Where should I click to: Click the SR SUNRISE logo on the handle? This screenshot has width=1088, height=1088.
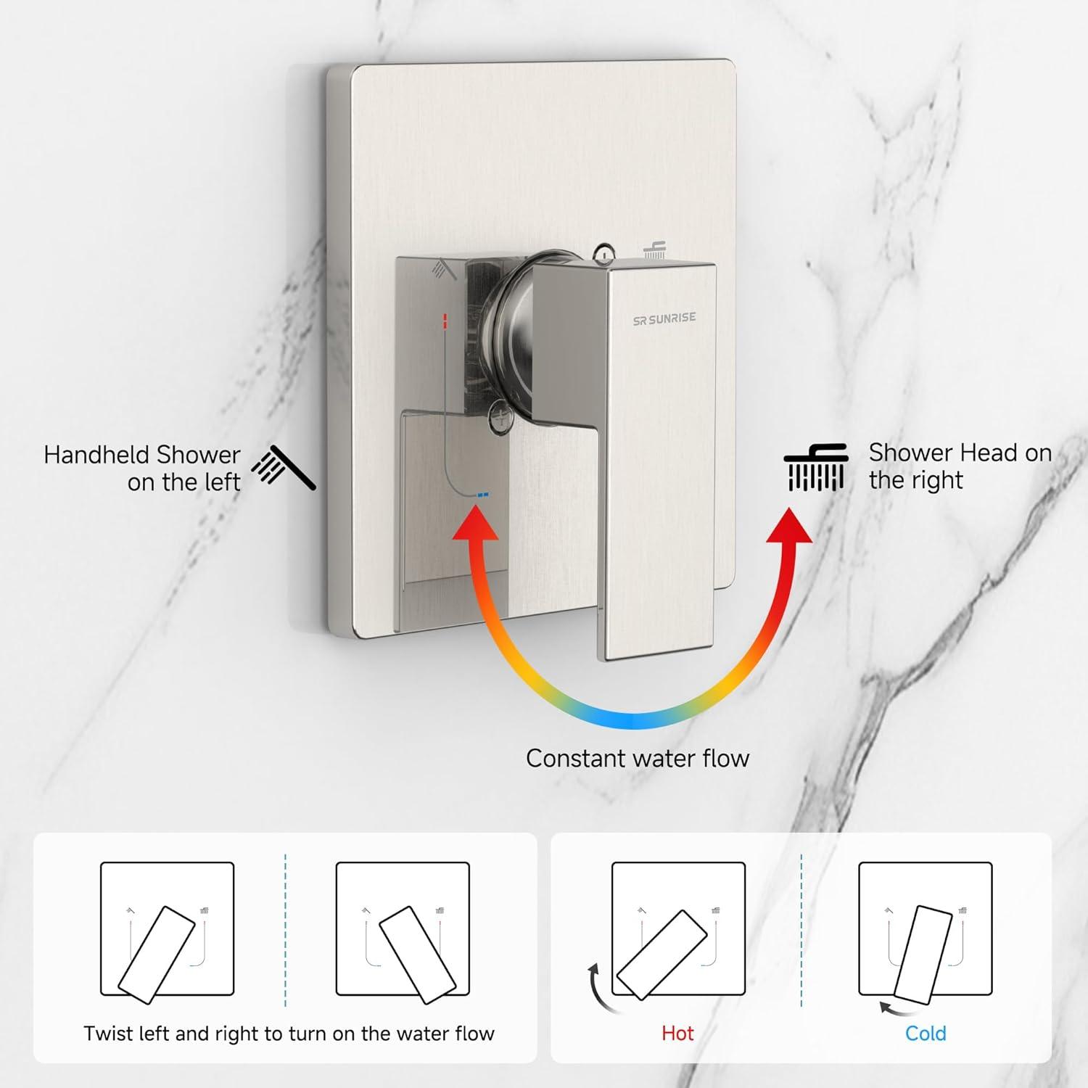tap(664, 318)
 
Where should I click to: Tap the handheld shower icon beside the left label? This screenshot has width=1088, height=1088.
tap(284, 467)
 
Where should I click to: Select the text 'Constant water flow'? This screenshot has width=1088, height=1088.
tap(638, 758)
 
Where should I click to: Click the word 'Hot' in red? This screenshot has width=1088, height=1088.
tap(677, 1033)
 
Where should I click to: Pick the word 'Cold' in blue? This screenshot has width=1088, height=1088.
tap(926, 1033)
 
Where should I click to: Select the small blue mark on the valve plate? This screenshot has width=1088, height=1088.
tap(482, 494)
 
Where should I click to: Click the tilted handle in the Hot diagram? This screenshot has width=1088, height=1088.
tap(661, 955)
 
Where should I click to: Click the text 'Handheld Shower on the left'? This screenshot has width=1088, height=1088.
tap(142, 468)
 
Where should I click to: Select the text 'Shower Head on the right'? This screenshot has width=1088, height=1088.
tap(960, 466)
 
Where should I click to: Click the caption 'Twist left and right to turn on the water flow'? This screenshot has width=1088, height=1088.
tap(289, 1033)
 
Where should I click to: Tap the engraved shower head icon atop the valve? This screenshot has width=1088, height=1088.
tap(655, 250)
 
